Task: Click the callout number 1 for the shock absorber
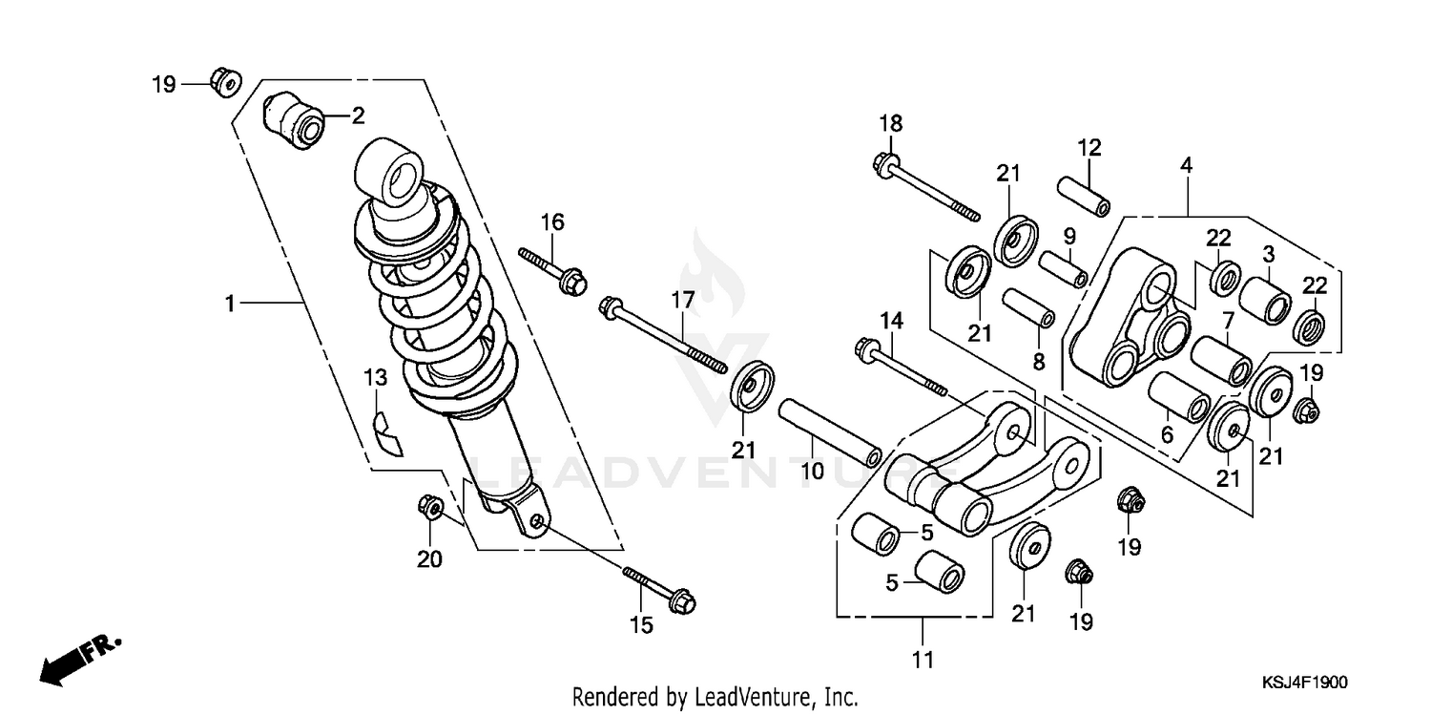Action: (x=229, y=303)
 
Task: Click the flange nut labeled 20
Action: (x=429, y=506)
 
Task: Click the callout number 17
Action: (x=683, y=300)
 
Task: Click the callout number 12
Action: (x=1089, y=147)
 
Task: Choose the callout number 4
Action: (x=1187, y=164)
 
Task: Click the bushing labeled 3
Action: (x=1265, y=299)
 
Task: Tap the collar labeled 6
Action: (x=1181, y=398)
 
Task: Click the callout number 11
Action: (x=923, y=659)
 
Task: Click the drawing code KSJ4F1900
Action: (x=1304, y=683)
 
